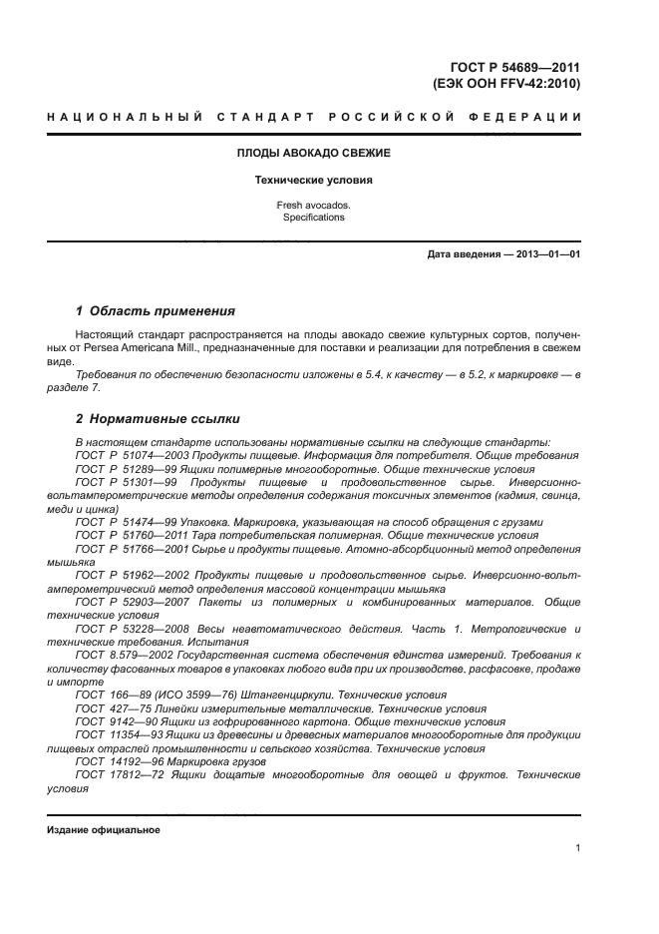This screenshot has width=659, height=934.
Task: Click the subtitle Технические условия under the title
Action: point(313,181)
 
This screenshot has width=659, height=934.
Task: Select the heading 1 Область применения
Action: point(156,310)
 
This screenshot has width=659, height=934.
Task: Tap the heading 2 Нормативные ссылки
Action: point(158,418)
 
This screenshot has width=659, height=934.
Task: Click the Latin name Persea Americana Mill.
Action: point(148,347)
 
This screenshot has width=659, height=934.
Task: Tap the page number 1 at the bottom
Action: point(578,848)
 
